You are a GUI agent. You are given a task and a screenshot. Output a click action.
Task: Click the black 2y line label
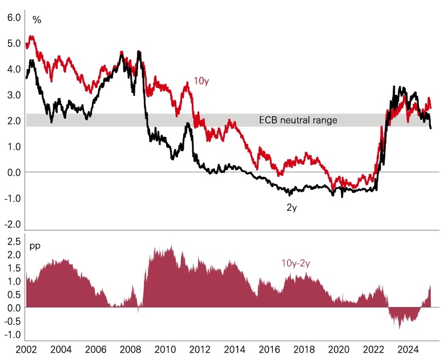coord(292,207)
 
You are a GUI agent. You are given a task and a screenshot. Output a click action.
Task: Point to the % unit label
coord(37,20)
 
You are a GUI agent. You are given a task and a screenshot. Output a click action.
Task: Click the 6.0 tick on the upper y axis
coord(14,17)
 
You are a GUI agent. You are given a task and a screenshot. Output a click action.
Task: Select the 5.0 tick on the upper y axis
coord(14,43)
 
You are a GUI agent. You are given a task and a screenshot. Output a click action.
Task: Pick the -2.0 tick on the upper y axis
coord(13,224)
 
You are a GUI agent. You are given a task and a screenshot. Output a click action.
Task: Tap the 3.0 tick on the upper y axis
coord(14,95)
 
